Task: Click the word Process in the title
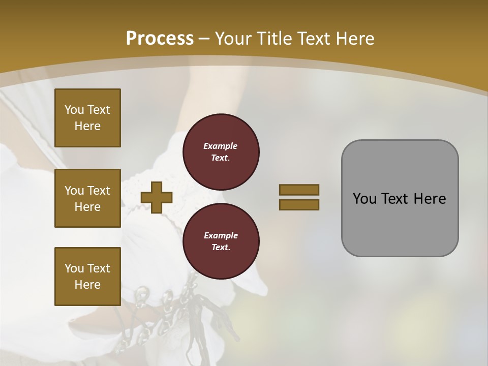[x=160, y=39]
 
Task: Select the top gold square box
[x=87, y=118]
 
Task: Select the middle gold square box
[x=87, y=198]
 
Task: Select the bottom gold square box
[x=87, y=277]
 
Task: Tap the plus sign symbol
[x=157, y=197]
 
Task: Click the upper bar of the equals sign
[x=299, y=190]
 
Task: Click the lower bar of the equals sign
[x=299, y=204]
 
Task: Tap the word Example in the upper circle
[x=220, y=146]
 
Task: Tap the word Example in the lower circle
[x=221, y=235]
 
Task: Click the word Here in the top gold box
[x=87, y=126]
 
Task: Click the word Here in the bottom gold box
[x=87, y=285]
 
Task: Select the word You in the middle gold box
[x=73, y=191]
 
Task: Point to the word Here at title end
[x=354, y=39]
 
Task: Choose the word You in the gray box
[x=364, y=199]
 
